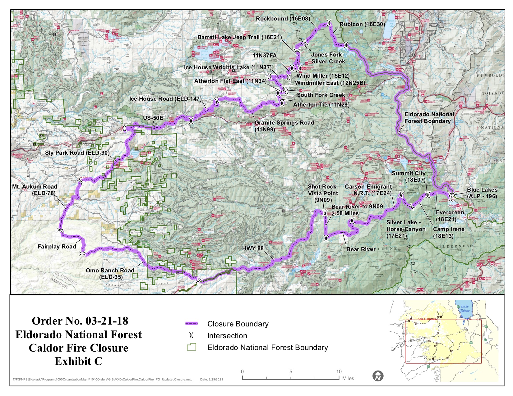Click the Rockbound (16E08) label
pyautogui.click(x=283, y=19)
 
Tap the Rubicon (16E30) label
pyautogui.click(x=362, y=24)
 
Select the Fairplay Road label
pyautogui.click(x=57, y=247)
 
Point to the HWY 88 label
pyautogui.click(x=252, y=248)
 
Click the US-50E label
pyautogui.click(x=153, y=118)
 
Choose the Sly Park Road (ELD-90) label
pyautogui.click(x=77, y=153)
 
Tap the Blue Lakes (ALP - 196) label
pyautogui.click(x=482, y=193)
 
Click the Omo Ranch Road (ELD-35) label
pyautogui.click(x=110, y=274)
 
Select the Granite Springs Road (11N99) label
pyautogui.click(x=284, y=126)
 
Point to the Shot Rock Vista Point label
pyautogui.click(x=323, y=193)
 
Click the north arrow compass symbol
pyautogui.click(x=378, y=376)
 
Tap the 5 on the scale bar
pyautogui.click(x=291, y=372)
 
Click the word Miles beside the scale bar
pyautogui.click(x=348, y=378)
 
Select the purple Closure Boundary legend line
pyautogui.click(x=192, y=324)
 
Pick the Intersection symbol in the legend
pyautogui.click(x=192, y=336)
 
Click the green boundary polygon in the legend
pyautogui.click(x=192, y=347)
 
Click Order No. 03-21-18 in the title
pyautogui.click(x=80, y=321)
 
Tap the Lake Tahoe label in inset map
pyautogui.click(x=464, y=308)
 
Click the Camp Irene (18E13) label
pyautogui.click(x=448, y=232)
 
